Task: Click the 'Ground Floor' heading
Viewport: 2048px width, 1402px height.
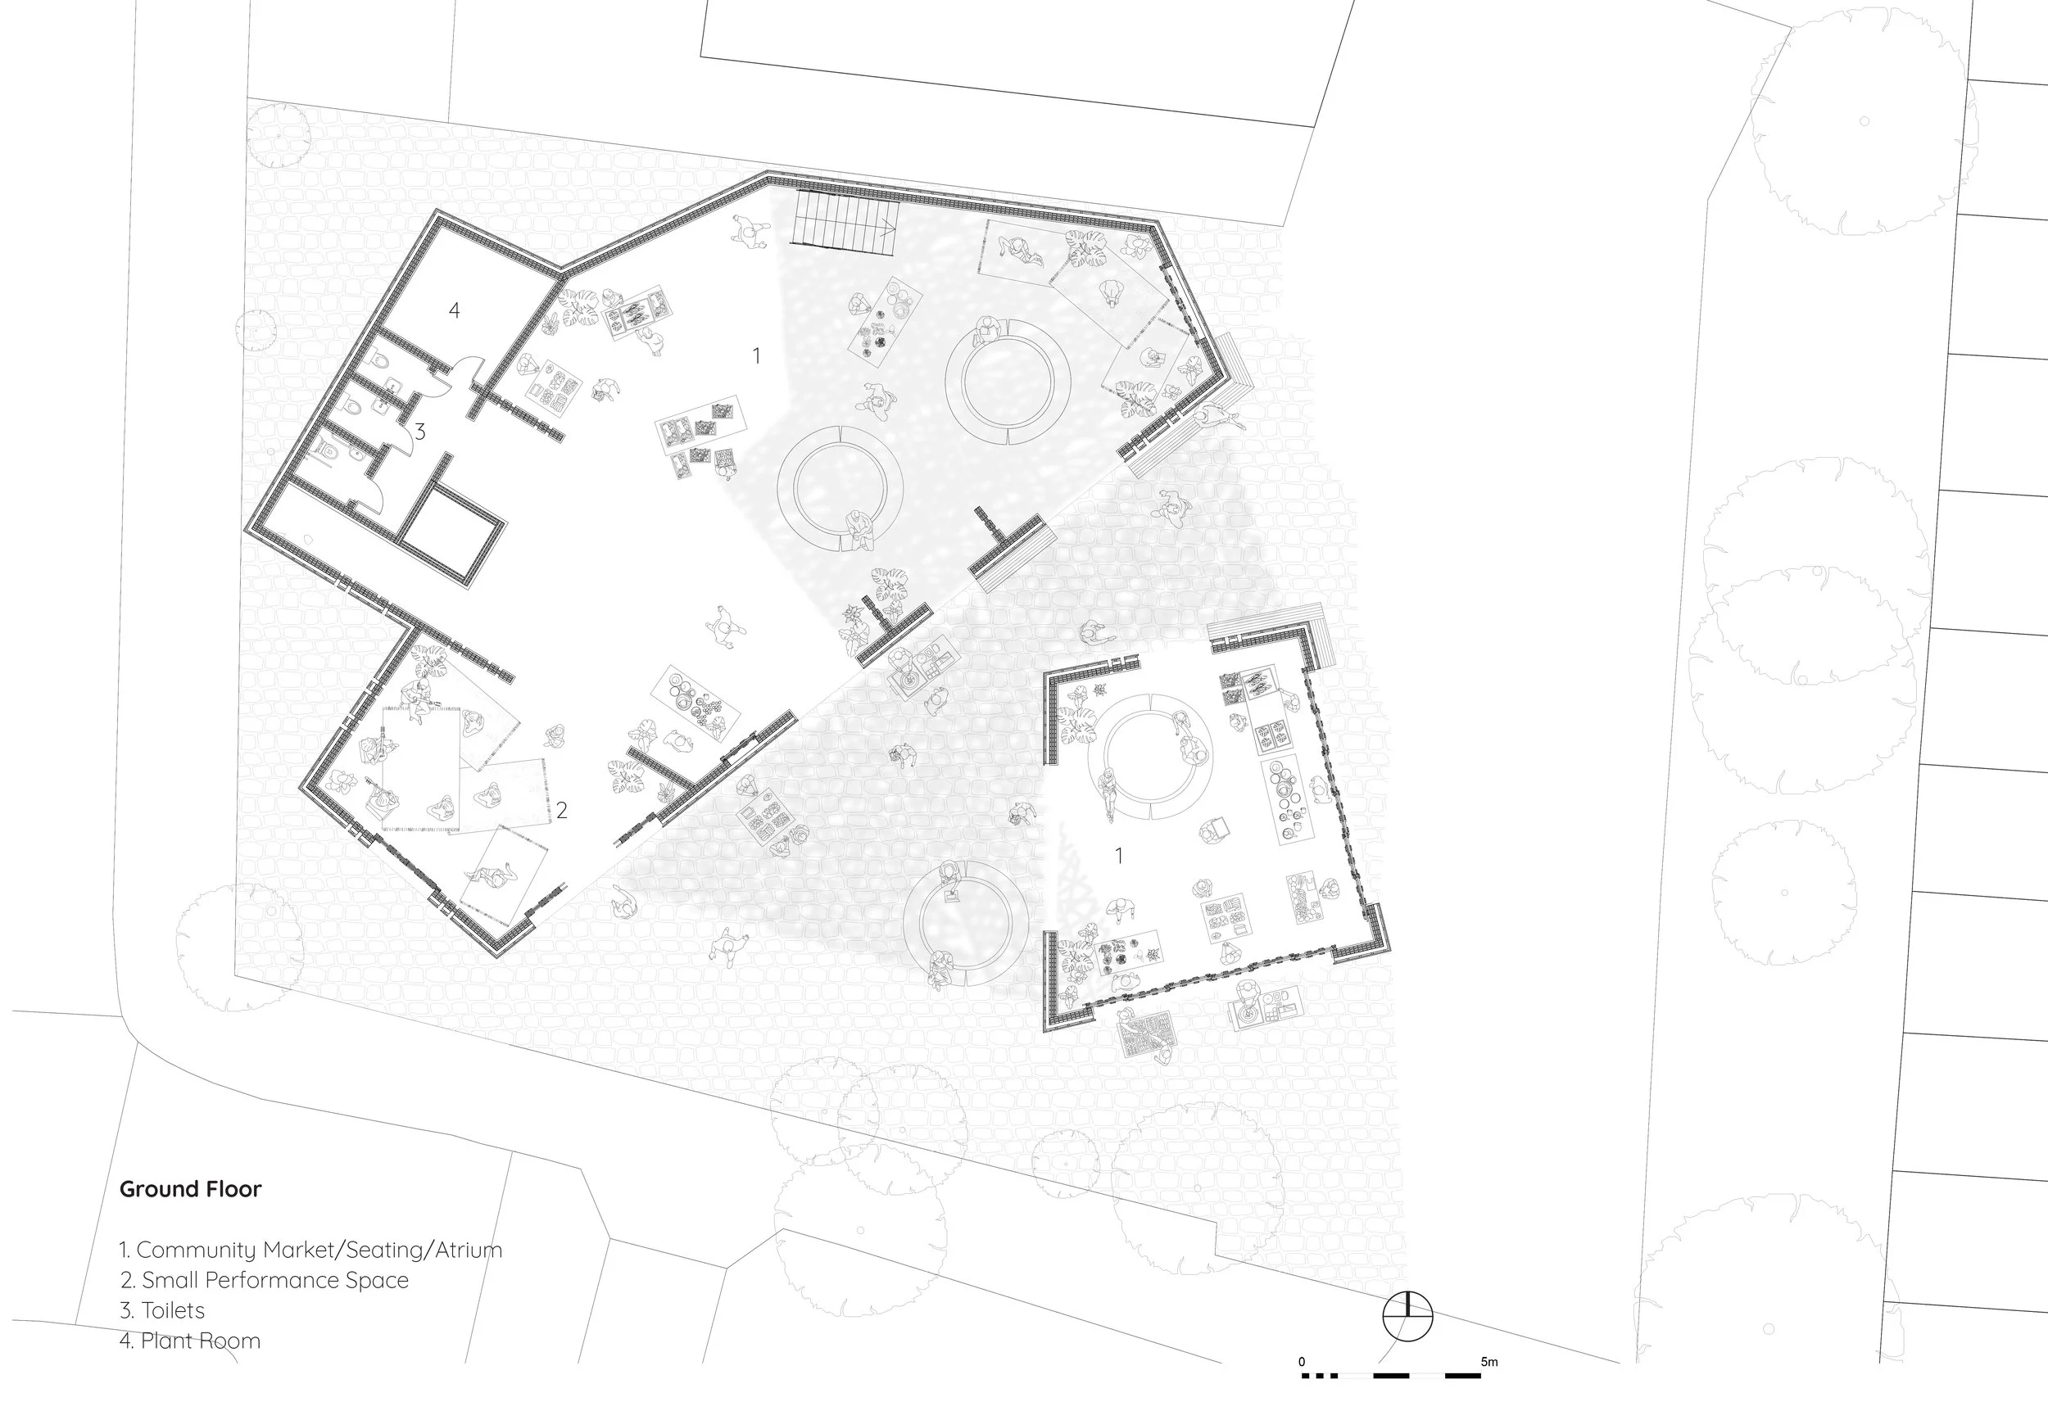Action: click(190, 1189)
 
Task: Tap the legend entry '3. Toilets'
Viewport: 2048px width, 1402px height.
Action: click(162, 1310)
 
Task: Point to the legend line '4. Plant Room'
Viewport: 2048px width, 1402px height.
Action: click(190, 1341)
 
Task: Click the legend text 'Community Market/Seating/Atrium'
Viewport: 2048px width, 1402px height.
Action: click(319, 1250)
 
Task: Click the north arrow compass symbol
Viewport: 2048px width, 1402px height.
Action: click(1407, 1318)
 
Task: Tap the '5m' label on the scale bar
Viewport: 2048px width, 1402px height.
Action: click(1488, 1362)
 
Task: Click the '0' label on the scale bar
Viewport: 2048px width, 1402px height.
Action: click(1302, 1362)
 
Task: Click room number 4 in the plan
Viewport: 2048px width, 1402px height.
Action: click(454, 310)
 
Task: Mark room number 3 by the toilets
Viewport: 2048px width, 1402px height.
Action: click(420, 432)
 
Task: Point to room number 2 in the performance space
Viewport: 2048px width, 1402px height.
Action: click(561, 810)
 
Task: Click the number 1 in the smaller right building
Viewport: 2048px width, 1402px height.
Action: click(1119, 856)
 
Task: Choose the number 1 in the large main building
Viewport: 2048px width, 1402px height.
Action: click(756, 356)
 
